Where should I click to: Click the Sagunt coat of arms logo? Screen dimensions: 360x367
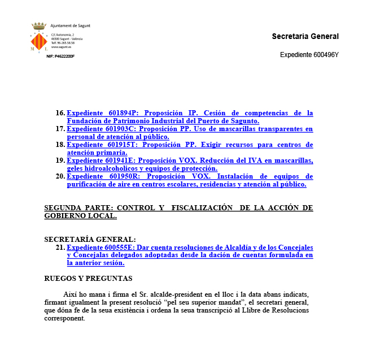coord(38,38)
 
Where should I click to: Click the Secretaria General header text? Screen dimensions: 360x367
coord(305,36)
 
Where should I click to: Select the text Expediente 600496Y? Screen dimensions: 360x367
coord(309,55)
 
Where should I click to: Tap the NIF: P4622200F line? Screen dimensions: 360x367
coord(60,57)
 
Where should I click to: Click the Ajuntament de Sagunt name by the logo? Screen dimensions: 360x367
coord(70,26)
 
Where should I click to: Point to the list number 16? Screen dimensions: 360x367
coord(60,113)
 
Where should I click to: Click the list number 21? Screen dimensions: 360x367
coord(60,248)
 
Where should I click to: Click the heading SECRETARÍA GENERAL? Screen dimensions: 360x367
coord(90,240)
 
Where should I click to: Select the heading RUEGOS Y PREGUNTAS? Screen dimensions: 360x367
coord(88,278)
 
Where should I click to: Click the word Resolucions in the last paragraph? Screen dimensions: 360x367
coord(290,310)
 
